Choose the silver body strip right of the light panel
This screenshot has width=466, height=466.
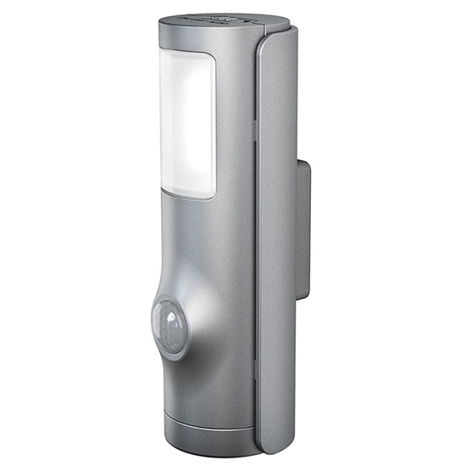click(233, 127)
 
